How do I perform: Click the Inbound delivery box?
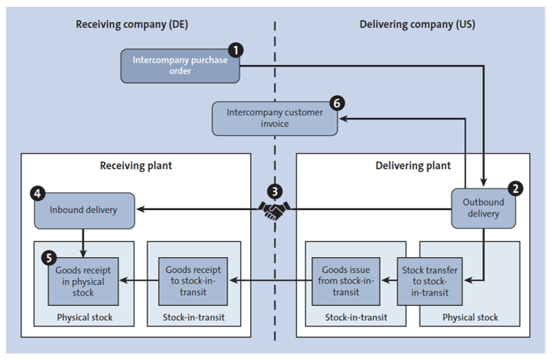coord(84,210)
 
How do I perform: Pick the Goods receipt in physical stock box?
coord(84,281)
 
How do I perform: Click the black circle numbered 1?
coord(234,50)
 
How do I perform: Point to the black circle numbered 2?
coord(514,189)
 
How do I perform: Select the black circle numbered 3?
coord(274,191)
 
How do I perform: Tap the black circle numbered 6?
coord(336,103)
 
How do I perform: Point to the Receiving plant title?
coord(135,166)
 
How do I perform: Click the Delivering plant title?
coord(413,166)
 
